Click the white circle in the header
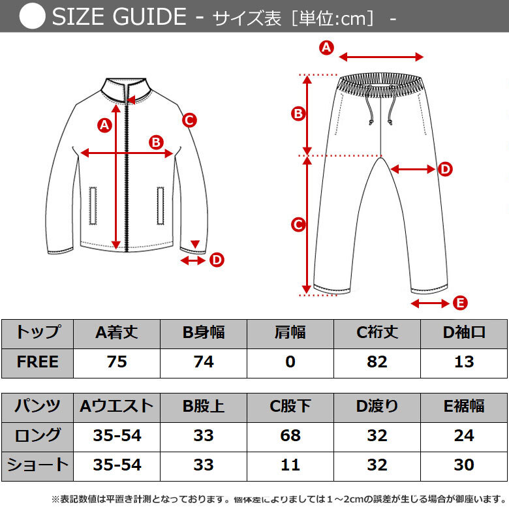pyautogui.click(x=33, y=17)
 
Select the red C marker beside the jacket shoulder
pyautogui.click(x=189, y=120)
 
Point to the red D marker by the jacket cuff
pyautogui.click(x=217, y=260)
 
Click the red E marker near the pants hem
pyautogui.click(x=460, y=303)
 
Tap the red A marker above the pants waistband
pyautogui.click(x=326, y=47)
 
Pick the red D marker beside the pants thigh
pyautogui.click(x=445, y=170)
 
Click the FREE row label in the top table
pyautogui.click(x=37, y=362)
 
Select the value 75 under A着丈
pyautogui.click(x=117, y=362)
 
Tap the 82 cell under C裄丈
pyautogui.click(x=377, y=362)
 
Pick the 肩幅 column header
pyautogui.click(x=290, y=333)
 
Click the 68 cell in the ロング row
pyautogui.click(x=290, y=435)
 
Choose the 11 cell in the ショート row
pyautogui.click(x=290, y=465)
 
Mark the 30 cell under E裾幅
pyautogui.click(x=464, y=465)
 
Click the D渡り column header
pyautogui.click(x=377, y=407)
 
